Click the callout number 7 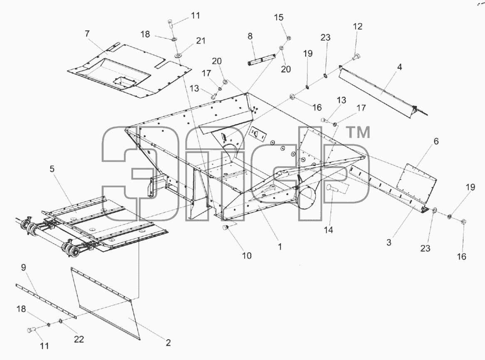tap(87, 34)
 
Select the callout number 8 tap(250, 37)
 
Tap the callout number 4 tap(400, 67)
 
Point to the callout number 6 tap(436, 141)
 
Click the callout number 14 tap(329, 230)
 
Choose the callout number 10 tap(247, 256)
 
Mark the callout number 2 tap(168, 343)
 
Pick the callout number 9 tap(24, 268)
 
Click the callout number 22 tap(79, 339)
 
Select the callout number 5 tap(52, 169)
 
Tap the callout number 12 tap(358, 27)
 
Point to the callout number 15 tap(279, 17)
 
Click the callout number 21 tap(201, 41)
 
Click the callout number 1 tap(280, 247)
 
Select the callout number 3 tap(389, 243)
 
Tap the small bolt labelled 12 tap(356, 57)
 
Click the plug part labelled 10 tap(225, 228)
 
